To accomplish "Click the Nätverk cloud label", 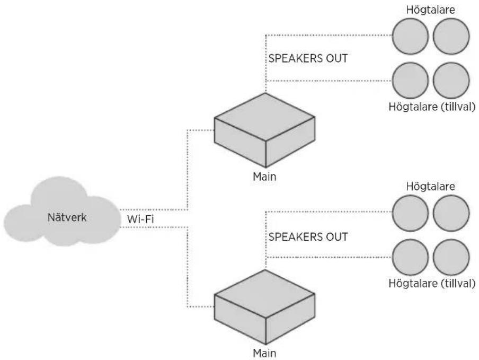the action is (67, 217).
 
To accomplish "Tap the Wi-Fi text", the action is (140, 219).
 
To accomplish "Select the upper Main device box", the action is (264, 130).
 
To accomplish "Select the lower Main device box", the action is (264, 307).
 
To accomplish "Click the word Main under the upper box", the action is (264, 177).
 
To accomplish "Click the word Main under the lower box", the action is (264, 353).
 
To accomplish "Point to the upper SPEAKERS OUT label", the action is (308, 58).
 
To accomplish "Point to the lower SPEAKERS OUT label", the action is (308, 237).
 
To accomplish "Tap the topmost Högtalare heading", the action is (430, 10).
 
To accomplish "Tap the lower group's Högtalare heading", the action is (430, 187).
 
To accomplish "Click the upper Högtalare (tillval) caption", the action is (432, 107).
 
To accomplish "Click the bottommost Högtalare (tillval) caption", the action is (432, 283).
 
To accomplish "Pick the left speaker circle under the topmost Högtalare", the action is (410, 36).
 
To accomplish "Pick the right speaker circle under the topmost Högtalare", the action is (451, 36).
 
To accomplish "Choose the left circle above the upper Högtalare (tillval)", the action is (410, 81).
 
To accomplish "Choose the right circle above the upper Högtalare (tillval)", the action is (451, 81).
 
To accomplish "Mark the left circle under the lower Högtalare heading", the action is (410, 213).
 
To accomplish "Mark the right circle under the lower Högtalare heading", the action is (451, 213).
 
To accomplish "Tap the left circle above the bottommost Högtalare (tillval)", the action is (410, 257).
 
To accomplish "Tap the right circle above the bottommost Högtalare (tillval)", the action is (451, 257).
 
